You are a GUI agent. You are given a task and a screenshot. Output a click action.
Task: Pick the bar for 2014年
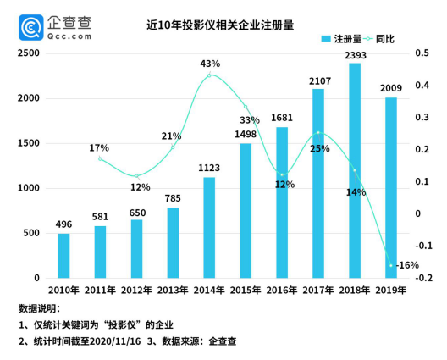pos(209,228)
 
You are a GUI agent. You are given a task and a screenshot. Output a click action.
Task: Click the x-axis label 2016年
pos(282,291)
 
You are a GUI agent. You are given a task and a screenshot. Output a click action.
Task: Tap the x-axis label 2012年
pos(136,291)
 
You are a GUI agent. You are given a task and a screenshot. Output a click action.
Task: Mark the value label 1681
pos(282,119)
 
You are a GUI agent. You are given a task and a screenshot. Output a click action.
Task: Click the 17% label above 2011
pos(99,149)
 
